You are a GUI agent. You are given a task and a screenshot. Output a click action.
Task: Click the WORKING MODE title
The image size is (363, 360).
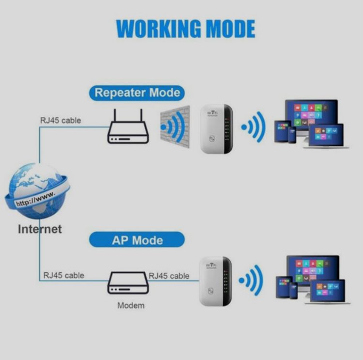[185, 29]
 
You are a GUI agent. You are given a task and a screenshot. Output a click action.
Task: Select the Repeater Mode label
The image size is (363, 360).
[137, 93]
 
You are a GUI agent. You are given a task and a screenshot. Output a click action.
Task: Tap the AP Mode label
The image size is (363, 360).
[137, 240]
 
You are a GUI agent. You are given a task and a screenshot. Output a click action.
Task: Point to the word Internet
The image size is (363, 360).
[40, 229]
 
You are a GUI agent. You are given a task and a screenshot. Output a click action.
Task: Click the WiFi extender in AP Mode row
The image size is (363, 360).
[215, 281]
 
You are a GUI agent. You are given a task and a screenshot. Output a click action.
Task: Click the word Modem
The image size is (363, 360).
[131, 306]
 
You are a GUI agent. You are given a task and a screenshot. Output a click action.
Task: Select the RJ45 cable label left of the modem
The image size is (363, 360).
[63, 275]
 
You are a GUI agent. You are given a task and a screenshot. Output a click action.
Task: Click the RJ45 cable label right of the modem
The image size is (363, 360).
[169, 275]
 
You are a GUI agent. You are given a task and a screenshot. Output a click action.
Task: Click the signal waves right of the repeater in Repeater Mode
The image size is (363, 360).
[254, 127]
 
